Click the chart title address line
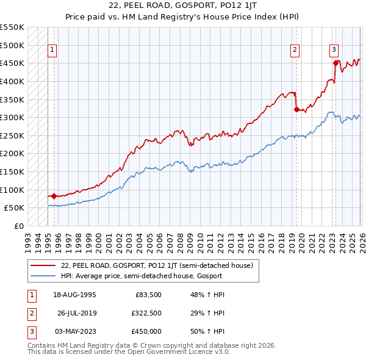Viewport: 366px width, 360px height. coord(182,5)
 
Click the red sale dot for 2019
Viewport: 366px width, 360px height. coord(296,110)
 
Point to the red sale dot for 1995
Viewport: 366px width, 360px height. coord(54,196)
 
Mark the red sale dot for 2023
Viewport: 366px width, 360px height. coord(335,63)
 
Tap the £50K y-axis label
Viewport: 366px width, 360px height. coord(15,208)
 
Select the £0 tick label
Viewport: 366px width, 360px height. coord(18,226)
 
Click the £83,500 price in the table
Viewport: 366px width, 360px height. coord(148,295)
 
